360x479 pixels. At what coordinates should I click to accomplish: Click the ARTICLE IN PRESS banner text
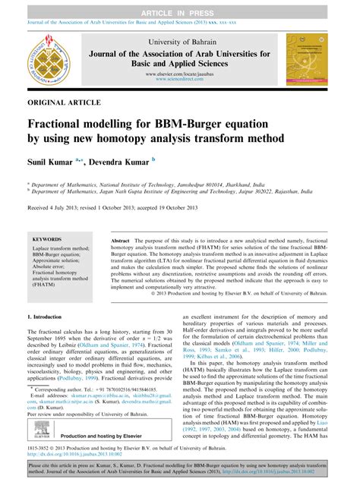point(181,6)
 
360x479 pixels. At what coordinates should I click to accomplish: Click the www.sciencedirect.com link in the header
point(181,79)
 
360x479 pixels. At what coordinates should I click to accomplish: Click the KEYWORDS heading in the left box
point(47,240)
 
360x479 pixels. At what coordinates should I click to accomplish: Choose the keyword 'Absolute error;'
point(53,267)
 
